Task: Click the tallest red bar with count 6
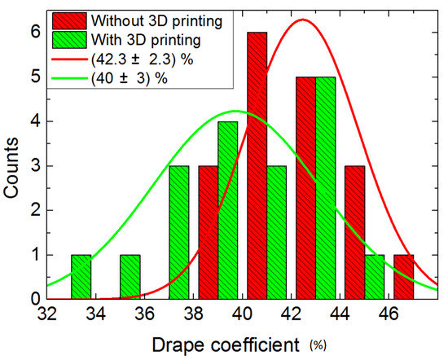click(257, 163)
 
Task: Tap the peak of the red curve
click(302, 20)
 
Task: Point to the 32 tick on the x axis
click(47, 310)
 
